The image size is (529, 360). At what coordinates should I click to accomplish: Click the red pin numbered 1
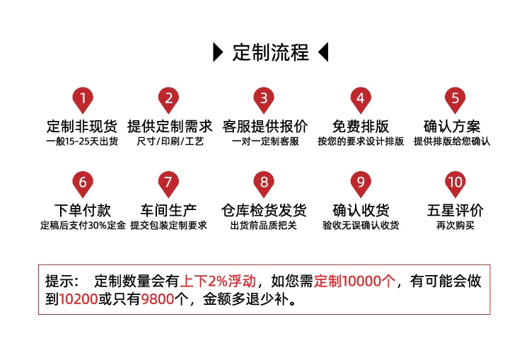[x=83, y=100]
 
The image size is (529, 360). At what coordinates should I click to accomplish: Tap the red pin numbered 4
[x=360, y=100]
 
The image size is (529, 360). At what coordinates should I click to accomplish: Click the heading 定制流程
[x=271, y=52]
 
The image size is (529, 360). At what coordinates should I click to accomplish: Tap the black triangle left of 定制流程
[x=218, y=52]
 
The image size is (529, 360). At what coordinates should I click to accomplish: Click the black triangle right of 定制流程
[x=323, y=52]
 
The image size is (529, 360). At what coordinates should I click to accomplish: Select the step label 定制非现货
[x=82, y=127]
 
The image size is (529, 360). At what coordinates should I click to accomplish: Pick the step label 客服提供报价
[x=264, y=127]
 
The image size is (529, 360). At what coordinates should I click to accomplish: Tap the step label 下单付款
[x=83, y=210]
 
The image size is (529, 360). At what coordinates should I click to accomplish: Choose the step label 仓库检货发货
[x=264, y=210]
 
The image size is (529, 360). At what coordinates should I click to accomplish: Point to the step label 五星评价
[x=455, y=210]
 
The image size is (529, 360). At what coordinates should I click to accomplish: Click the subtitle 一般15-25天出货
[x=82, y=141]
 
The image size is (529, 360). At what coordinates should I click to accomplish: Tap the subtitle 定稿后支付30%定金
[x=83, y=226]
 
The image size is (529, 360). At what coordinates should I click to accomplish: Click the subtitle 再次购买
[x=455, y=226]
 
